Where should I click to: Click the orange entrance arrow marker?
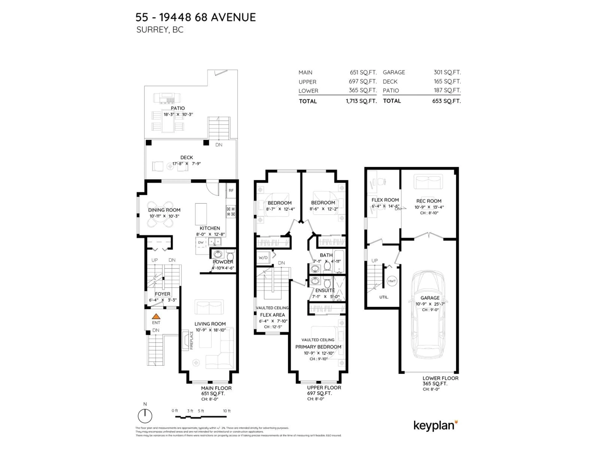[x=156, y=316]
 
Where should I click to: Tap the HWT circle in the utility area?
[x=392, y=281]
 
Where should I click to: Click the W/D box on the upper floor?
[x=263, y=258]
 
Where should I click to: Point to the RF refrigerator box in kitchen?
[x=231, y=191]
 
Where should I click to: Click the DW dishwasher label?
[x=201, y=242]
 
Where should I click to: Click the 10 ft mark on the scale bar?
[x=227, y=411]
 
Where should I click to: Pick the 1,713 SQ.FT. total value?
[x=361, y=101]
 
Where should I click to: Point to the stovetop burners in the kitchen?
[x=231, y=212]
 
